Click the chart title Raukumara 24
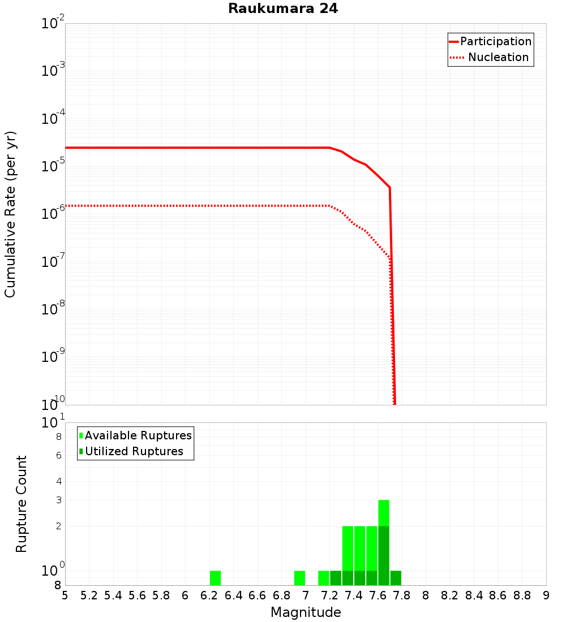pyautogui.click(x=283, y=9)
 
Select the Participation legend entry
pyautogui.click(x=490, y=41)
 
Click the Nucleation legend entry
pyautogui.click(x=490, y=57)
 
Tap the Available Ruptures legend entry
pyautogui.click(x=135, y=435)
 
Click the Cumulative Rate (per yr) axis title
pyautogui.click(x=10, y=214)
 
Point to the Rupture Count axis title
pyautogui.click(x=22, y=504)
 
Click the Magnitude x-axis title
pyautogui.click(x=306, y=612)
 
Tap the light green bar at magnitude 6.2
pyautogui.click(x=215, y=578)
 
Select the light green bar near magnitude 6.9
pyautogui.click(x=299, y=578)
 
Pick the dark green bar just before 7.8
pyautogui.click(x=396, y=578)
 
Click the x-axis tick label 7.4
pyautogui.click(x=354, y=595)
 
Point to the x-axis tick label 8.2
pyautogui.click(x=450, y=595)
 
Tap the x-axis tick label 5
pyautogui.click(x=65, y=595)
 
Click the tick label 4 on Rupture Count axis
pyautogui.click(x=58, y=481)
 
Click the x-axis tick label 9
pyautogui.click(x=546, y=595)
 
